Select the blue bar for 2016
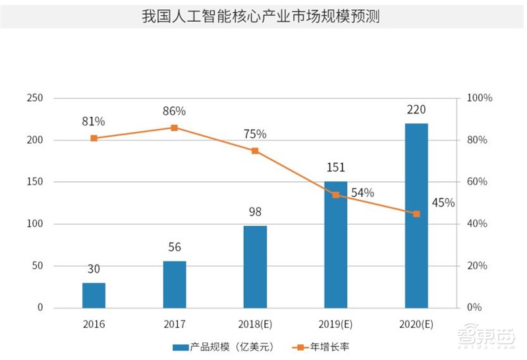tap(94, 295)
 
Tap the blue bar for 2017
tap(175, 284)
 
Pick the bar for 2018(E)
tap(255, 267)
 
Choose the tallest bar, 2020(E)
tap(416, 216)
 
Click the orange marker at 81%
tap(94, 138)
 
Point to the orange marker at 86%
tap(175, 128)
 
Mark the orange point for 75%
tap(255, 151)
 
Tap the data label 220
tap(416, 109)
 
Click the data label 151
tap(335, 167)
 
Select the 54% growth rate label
tap(362, 193)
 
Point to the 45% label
tap(443, 202)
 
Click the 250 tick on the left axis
tap(34, 98)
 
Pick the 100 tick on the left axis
tap(34, 224)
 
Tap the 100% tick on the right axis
tap(479, 98)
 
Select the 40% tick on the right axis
tap(477, 224)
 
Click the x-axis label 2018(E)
tap(255, 324)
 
